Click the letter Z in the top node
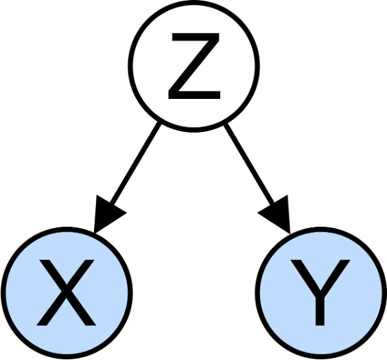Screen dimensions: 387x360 (194, 66)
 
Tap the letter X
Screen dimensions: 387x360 (66, 293)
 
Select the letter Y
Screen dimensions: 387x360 (320, 293)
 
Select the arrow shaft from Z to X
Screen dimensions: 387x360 (135, 164)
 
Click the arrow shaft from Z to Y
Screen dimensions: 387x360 (250, 164)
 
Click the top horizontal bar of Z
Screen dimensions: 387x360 (196, 37)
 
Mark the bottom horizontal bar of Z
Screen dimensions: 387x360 (194, 95)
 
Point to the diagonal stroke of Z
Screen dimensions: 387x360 (194, 66)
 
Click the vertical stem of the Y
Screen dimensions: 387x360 (320, 308)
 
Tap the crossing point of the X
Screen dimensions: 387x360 (66, 291)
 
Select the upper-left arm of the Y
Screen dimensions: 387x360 (305, 275)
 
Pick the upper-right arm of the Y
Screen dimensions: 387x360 (336, 275)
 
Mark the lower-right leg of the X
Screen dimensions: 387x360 (82, 309)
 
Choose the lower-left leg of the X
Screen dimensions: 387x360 (51, 309)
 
